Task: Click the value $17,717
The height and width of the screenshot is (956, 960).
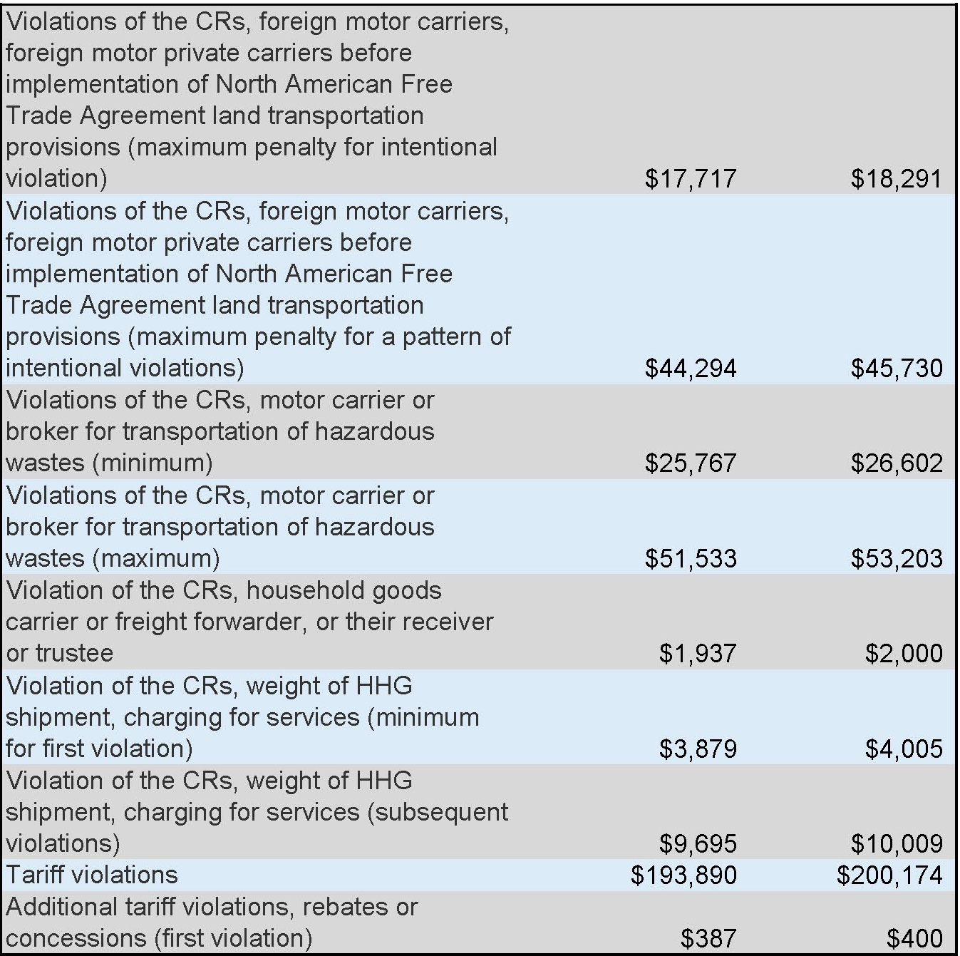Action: [x=690, y=178]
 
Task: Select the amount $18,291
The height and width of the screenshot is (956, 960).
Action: [x=896, y=178]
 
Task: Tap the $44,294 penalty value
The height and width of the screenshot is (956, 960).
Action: [x=690, y=368]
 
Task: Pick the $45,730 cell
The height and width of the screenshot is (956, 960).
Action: [x=896, y=368]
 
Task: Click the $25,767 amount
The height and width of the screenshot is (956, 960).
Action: [x=690, y=463]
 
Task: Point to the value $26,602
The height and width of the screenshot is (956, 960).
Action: [x=896, y=463]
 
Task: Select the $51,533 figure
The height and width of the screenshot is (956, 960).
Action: [x=690, y=558]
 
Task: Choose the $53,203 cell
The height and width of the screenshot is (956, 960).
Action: [x=896, y=558]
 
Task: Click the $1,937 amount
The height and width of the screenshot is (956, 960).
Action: [x=697, y=653]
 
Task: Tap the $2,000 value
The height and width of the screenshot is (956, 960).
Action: [x=903, y=653]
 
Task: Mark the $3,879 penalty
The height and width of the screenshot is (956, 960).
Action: [x=697, y=749]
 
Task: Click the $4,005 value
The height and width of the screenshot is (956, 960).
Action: [x=903, y=749]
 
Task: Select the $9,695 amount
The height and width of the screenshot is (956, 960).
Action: [x=697, y=843]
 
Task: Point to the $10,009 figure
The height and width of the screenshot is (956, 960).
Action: [x=896, y=843]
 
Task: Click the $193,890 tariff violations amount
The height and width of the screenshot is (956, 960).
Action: [x=683, y=875]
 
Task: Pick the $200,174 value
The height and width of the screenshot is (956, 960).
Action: [x=889, y=875]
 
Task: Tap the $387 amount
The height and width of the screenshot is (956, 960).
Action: [x=708, y=938]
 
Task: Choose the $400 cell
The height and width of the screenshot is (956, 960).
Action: [x=914, y=938]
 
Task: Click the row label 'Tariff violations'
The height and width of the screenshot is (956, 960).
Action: [x=92, y=875]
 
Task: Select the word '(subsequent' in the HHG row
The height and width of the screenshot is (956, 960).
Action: [x=437, y=812]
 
